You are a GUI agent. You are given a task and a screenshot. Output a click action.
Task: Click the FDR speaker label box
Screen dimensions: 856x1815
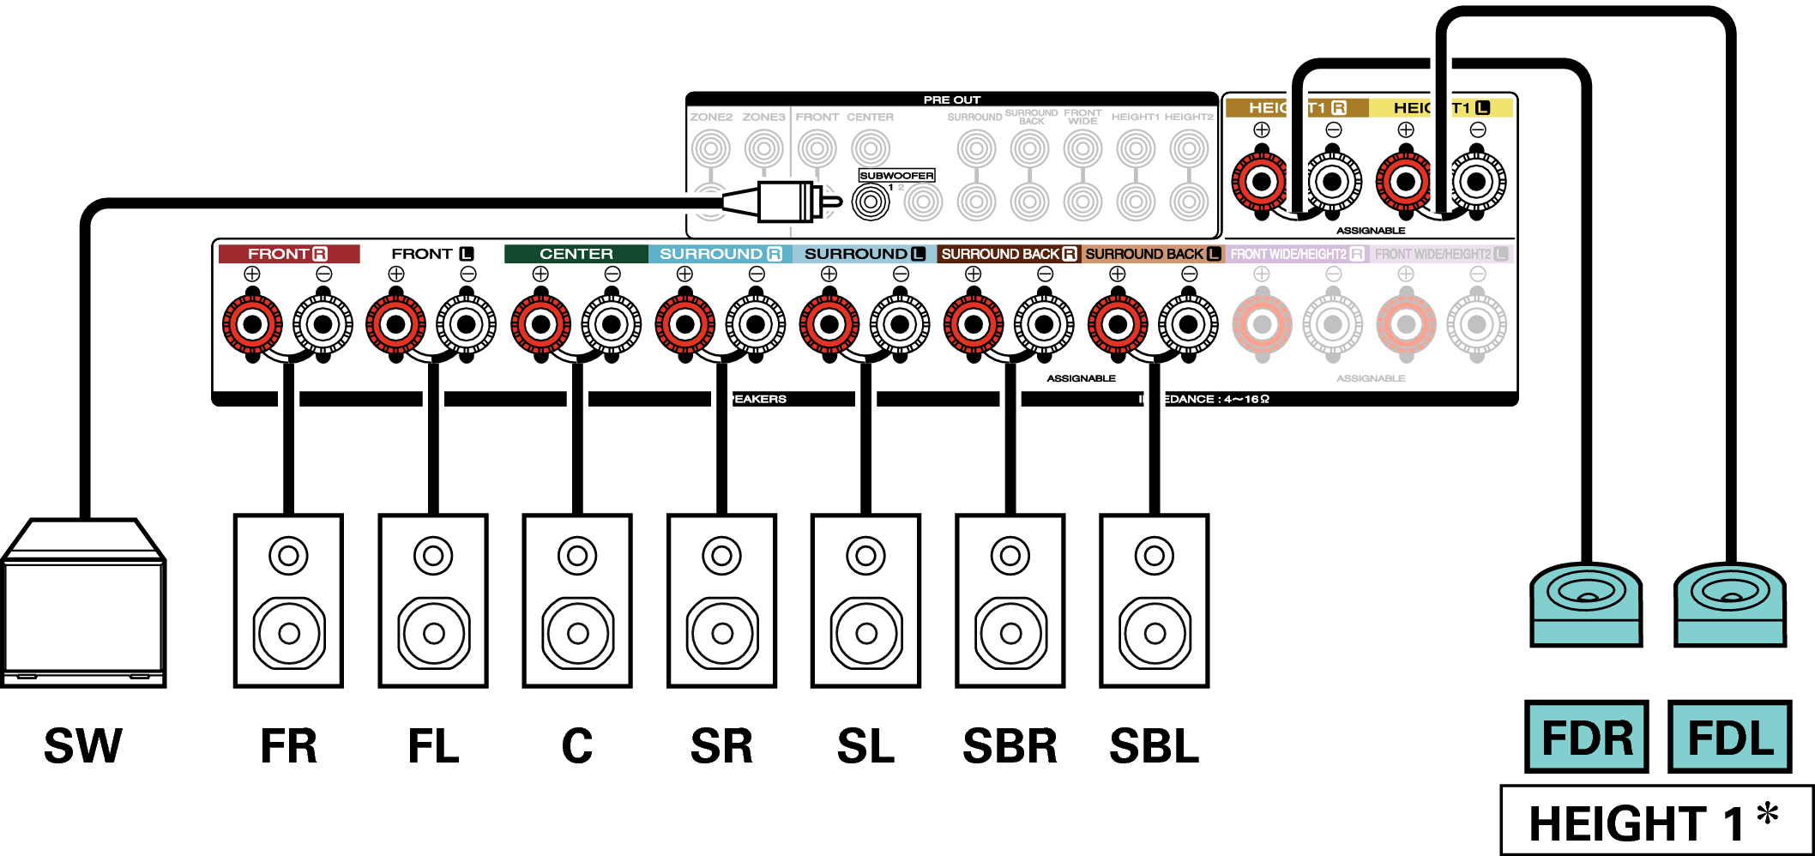pos(1586,737)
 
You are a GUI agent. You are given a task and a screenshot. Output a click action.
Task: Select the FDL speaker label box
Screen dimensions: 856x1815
pos(1729,737)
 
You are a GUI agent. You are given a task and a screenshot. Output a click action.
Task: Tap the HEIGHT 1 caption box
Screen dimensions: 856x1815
pos(1655,821)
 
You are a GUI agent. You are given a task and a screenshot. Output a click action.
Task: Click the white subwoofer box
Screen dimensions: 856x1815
pos(83,613)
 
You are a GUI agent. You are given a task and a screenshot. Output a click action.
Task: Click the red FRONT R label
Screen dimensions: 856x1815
pos(288,254)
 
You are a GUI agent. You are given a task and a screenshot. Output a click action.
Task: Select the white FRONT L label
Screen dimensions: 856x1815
pos(431,254)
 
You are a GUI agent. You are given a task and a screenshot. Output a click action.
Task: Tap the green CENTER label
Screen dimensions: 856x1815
pos(576,254)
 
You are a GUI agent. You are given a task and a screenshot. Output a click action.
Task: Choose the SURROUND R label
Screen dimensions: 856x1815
pos(720,254)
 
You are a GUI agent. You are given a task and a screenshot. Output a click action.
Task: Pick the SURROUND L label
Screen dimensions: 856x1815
pos(864,254)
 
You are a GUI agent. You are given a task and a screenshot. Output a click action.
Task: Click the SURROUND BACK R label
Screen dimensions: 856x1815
pos(1008,254)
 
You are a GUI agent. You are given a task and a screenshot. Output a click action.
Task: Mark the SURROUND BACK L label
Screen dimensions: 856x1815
pos(1152,254)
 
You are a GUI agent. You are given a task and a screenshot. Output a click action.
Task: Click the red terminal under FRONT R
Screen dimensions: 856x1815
pos(252,325)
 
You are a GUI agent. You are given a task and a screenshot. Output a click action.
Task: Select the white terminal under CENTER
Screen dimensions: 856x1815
pos(612,325)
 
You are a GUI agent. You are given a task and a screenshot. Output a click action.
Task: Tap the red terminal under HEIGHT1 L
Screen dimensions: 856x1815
pos(1405,182)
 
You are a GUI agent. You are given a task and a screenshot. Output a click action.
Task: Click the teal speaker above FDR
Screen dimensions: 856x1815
pos(1586,604)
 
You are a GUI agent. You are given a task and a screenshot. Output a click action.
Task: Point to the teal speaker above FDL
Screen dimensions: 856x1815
pos(1730,604)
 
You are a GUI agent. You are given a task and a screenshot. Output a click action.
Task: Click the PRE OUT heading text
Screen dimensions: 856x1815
pos(951,99)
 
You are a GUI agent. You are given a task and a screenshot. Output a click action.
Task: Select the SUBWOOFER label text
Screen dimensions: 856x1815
pos(896,175)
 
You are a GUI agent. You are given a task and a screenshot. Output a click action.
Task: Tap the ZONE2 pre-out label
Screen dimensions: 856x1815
pos(711,117)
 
